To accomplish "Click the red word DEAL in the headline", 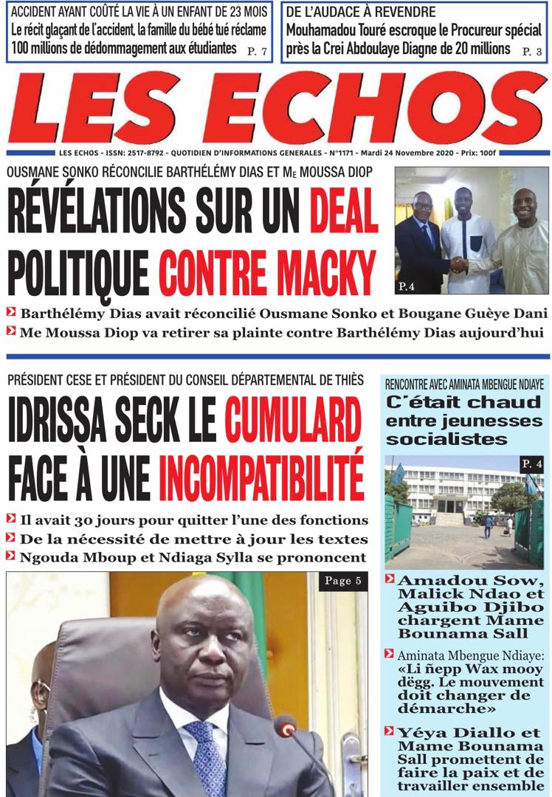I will (x=339, y=210).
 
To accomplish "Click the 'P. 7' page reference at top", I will (x=258, y=51).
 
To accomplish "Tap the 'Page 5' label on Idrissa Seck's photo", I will (x=342, y=582).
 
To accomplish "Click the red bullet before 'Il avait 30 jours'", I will (x=11, y=520).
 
